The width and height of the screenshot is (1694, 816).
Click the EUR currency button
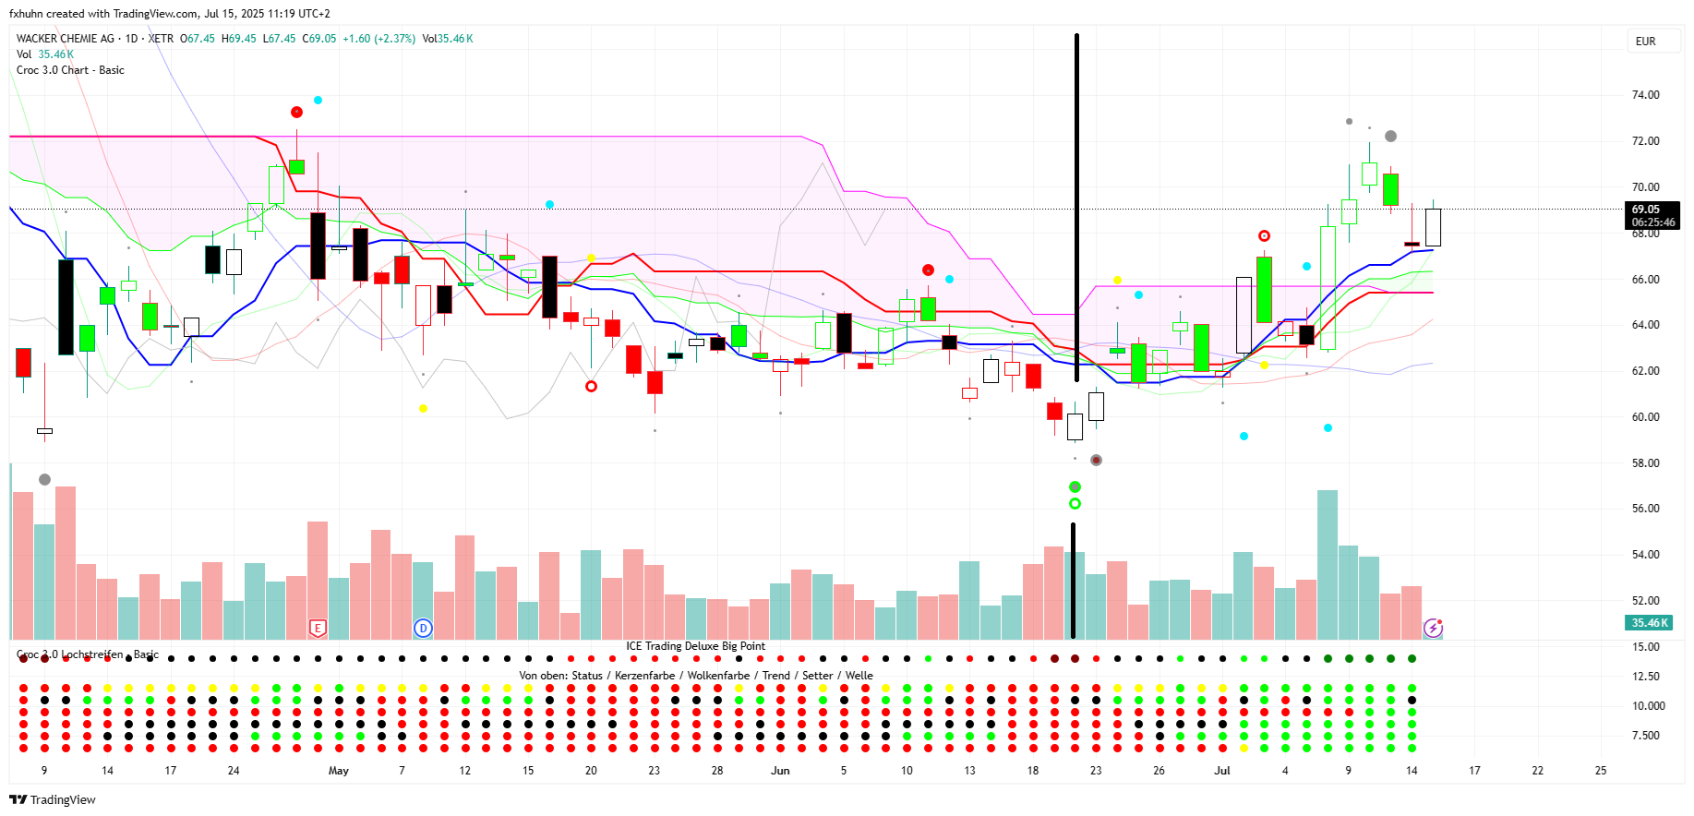(1645, 42)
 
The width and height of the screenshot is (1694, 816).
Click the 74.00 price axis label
(1645, 95)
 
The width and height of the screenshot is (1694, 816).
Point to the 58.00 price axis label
(1645, 463)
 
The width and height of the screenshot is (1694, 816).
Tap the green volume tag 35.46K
(1649, 623)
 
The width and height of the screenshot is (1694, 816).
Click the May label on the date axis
(339, 771)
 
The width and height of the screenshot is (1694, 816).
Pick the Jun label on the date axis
(780, 771)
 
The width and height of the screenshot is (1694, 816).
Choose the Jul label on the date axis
(1221, 771)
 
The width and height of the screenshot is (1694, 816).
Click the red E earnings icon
(318, 629)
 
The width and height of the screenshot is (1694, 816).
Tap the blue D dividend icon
(423, 629)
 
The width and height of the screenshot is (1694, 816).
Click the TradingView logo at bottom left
(53, 799)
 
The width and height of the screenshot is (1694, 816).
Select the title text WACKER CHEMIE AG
(66, 39)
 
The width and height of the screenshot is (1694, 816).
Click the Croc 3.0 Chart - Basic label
(70, 70)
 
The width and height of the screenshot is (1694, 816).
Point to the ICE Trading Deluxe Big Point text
(695, 646)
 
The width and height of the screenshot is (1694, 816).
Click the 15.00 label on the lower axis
(1646, 647)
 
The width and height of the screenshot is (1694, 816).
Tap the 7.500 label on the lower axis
(1646, 736)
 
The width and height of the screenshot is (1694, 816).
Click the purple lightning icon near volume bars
(1433, 628)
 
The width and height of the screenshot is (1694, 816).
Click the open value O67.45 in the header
(197, 39)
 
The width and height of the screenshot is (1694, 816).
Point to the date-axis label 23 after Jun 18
(1096, 771)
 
